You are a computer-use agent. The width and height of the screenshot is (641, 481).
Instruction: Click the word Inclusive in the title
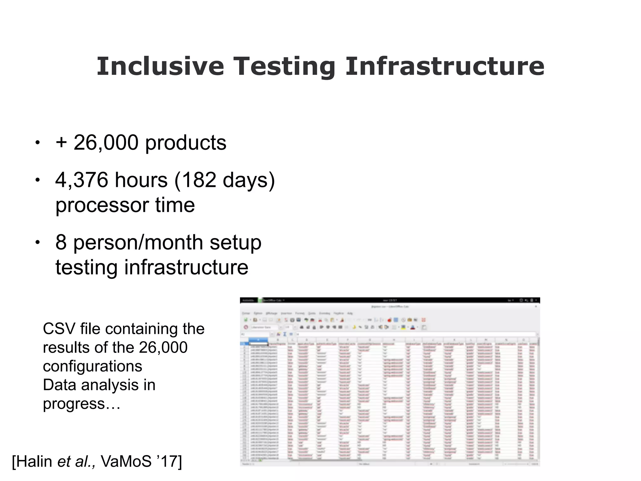click(160, 66)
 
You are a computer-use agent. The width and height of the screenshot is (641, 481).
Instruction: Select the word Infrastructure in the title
click(445, 66)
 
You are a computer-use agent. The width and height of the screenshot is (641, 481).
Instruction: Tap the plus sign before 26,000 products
click(61, 142)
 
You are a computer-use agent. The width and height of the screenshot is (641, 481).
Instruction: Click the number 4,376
click(81, 180)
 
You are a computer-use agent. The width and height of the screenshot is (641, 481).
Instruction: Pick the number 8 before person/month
click(61, 242)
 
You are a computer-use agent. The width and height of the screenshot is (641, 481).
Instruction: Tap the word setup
click(235, 243)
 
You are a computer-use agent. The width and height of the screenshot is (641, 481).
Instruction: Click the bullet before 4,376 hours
click(38, 180)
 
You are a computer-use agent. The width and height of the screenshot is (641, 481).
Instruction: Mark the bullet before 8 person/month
click(38, 242)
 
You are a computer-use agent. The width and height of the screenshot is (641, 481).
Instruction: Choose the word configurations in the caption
click(93, 366)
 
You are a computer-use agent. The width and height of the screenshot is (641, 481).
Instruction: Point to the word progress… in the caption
click(82, 404)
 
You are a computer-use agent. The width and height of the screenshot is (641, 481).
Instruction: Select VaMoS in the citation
click(126, 462)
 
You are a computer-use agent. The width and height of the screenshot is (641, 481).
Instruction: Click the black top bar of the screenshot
click(390, 300)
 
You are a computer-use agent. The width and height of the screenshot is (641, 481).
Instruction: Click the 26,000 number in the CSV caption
click(163, 348)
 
